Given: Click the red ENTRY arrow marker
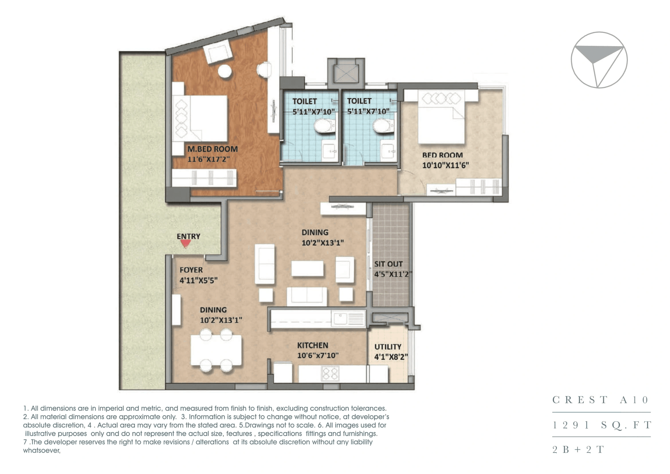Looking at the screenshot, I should point(185,243).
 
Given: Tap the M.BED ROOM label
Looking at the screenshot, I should point(212,149).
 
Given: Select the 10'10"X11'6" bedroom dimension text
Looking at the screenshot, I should point(445,165).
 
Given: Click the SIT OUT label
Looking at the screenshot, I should point(388,264).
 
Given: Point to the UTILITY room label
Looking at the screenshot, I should point(388,347).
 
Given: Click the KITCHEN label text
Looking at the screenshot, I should point(312,345).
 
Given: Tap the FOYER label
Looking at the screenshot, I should point(191,270).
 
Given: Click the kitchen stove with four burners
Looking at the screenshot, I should point(330,373).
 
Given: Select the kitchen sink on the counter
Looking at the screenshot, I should point(340,319).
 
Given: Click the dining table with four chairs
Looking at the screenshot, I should point(216,350).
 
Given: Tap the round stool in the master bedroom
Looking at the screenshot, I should point(225,71).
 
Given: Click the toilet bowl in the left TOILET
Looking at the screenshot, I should point(324,126).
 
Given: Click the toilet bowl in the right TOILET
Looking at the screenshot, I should point(383,126).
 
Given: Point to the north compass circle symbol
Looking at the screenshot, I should point(599,60).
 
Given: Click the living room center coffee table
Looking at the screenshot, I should point(307,268).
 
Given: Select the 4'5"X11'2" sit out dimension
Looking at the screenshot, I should point(393,274).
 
